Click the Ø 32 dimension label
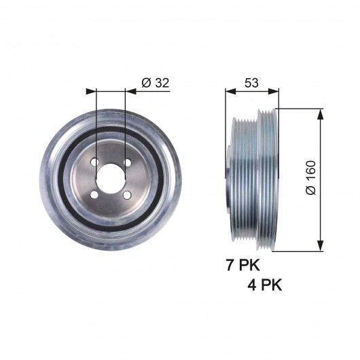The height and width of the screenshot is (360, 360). (x=156, y=83)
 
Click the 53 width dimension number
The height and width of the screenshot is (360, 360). (x=251, y=83)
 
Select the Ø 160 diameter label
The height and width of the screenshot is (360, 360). (x=311, y=178)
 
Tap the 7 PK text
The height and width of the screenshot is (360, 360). (x=243, y=265)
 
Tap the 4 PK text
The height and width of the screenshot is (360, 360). (x=265, y=285)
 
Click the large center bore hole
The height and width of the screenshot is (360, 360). (x=111, y=179)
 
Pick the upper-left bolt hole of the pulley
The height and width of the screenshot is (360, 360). (x=94, y=162)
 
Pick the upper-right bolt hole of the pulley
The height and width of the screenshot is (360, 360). (x=128, y=162)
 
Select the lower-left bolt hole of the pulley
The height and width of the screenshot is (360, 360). (x=94, y=195)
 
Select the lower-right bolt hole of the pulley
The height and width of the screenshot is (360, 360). (x=127, y=196)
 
